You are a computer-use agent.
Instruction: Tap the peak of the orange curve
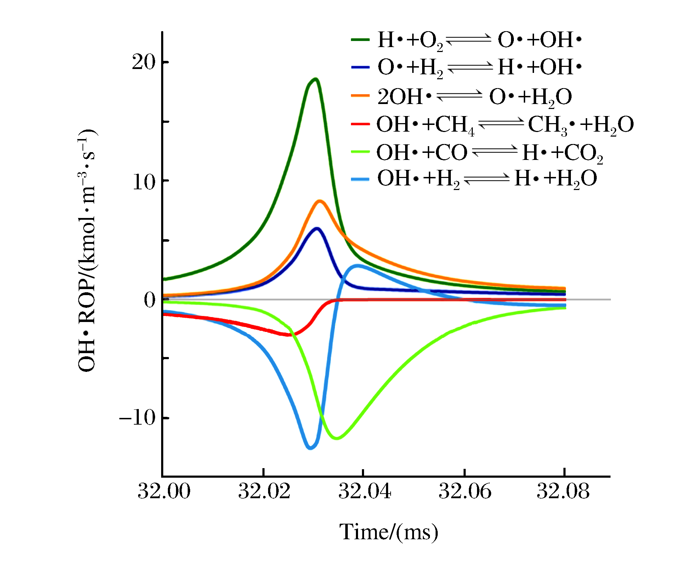tap(320, 201)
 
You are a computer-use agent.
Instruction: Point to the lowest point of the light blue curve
tap(311, 448)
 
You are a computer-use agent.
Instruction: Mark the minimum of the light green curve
tap(337, 438)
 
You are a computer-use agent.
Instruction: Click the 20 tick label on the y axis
tap(143, 62)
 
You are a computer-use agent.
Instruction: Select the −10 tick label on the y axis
tap(137, 418)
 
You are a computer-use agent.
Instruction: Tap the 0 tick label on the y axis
tap(149, 300)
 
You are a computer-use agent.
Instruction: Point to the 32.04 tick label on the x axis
tap(364, 491)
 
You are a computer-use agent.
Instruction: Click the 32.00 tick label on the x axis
tap(164, 491)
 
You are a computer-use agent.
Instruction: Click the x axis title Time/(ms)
tap(388, 532)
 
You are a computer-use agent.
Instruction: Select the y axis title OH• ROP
tap(87, 251)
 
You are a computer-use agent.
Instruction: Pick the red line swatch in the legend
tap(360, 124)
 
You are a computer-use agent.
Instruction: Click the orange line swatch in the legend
tap(360, 96)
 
